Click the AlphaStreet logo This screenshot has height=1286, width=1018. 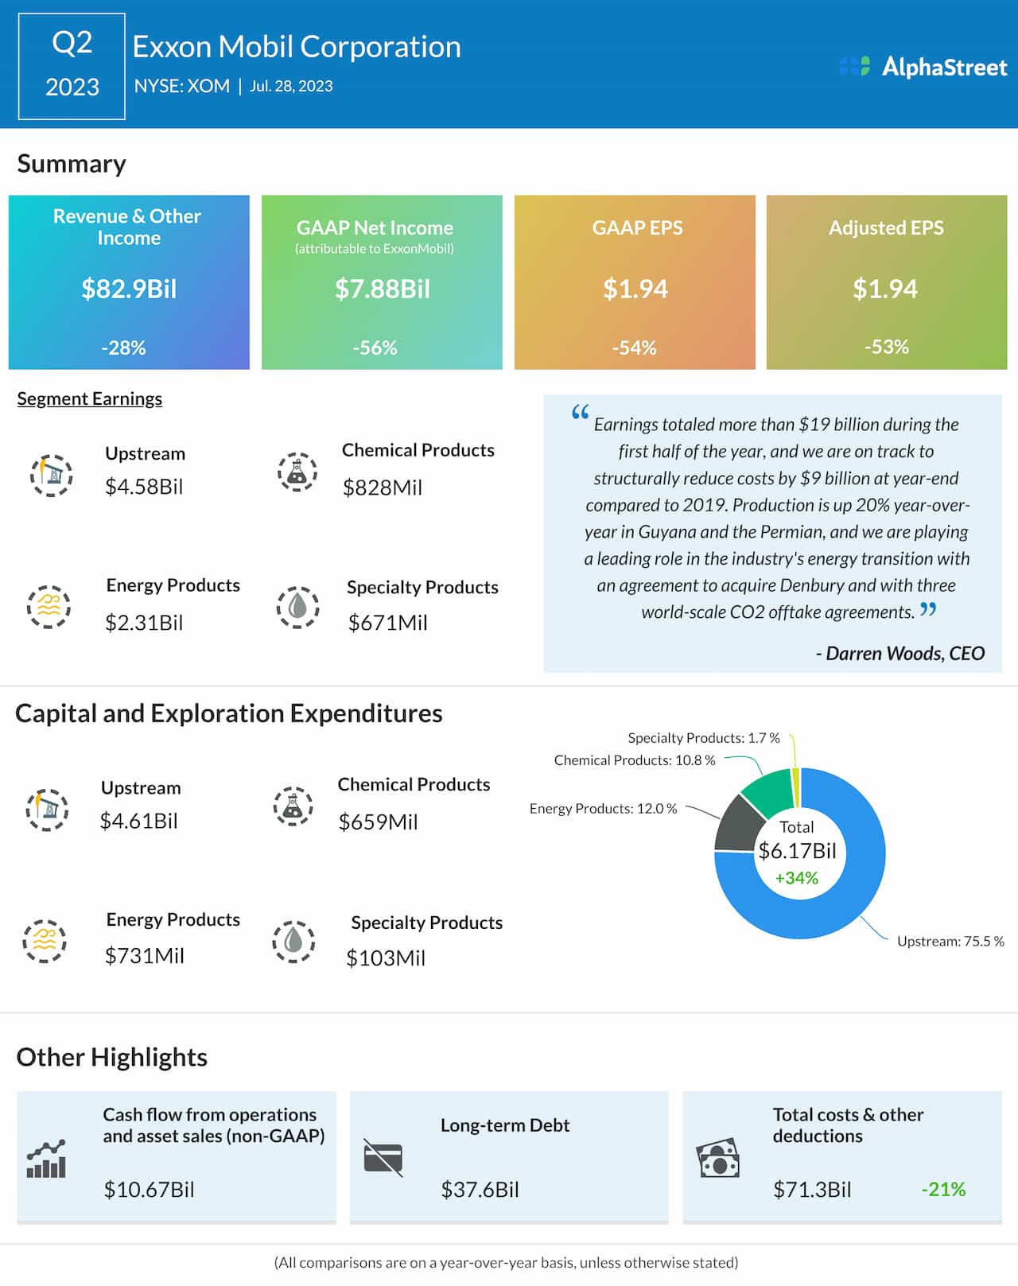click(x=923, y=67)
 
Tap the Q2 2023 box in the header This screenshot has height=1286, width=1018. click(x=72, y=66)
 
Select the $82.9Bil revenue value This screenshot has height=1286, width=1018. click(x=129, y=289)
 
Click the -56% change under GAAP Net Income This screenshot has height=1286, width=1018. click(x=375, y=348)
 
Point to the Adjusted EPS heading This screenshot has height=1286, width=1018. click(x=886, y=228)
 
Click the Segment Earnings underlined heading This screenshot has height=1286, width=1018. click(x=90, y=398)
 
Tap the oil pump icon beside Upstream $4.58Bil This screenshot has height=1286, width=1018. click(x=52, y=475)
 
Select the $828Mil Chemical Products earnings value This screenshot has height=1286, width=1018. click(x=382, y=488)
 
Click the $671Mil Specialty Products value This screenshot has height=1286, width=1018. click(x=387, y=623)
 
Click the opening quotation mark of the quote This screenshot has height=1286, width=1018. click(x=580, y=412)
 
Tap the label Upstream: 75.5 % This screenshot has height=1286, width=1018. click(x=950, y=942)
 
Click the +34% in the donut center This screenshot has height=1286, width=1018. click(x=796, y=878)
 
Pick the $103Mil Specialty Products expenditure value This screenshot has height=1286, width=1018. click(x=386, y=958)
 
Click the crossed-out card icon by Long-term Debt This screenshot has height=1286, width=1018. click(x=383, y=1158)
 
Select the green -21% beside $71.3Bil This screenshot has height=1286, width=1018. click(x=943, y=1190)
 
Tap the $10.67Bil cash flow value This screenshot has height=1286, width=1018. click(x=149, y=1190)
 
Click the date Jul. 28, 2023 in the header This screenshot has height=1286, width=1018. click(x=291, y=86)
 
